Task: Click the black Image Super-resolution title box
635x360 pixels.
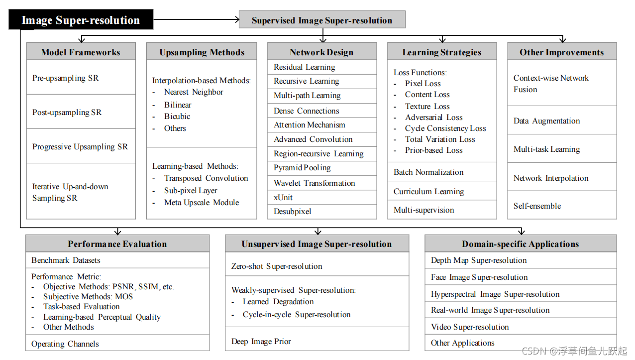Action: click(x=81, y=20)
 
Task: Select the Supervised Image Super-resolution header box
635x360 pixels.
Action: click(x=322, y=20)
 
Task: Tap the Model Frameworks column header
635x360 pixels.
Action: click(x=81, y=52)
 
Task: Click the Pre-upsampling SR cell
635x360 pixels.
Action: click(x=81, y=78)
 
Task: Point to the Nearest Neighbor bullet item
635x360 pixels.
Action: click(x=194, y=92)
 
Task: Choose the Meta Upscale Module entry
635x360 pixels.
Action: click(x=202, y=203)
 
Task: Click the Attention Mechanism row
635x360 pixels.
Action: click(x=321, y=125)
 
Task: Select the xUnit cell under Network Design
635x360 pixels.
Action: click(x=321, y=197)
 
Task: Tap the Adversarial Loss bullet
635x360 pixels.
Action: click(x=433, y=118)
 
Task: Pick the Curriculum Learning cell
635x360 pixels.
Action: click(x=442, y=192)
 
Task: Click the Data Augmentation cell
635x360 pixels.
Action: click(x=561, y=120)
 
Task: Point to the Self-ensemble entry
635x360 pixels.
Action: click(x=561, y=206)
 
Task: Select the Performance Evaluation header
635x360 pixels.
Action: click(x=117, y=244)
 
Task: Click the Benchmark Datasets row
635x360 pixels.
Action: click(x=117, y=260)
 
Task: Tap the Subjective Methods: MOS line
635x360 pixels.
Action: click(x=88, y=297)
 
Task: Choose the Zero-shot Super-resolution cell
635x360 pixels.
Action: click(x=317, y=266)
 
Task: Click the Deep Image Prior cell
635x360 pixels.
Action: click(x=317, y=342)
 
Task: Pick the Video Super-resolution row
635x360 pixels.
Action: click(x=520, y=327)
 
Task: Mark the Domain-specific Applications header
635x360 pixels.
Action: click(x=520, y=244)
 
